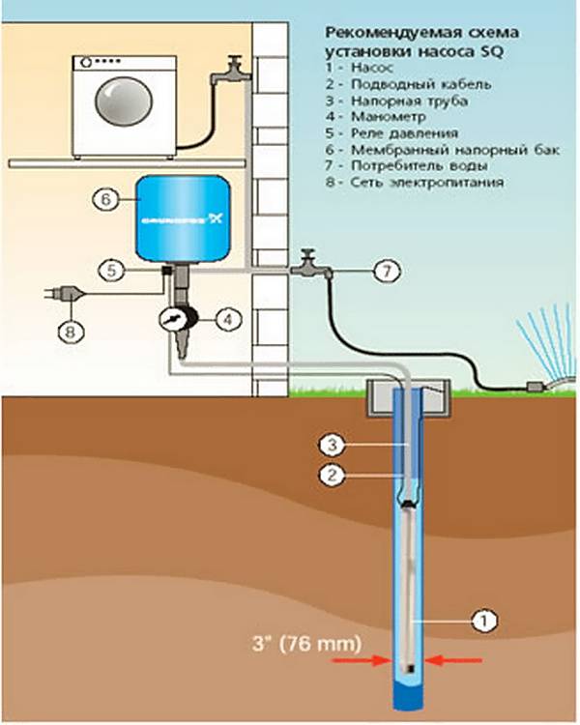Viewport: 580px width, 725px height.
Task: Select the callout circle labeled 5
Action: click(x=114, y=272)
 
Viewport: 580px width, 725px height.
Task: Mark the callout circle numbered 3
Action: click(x=331, y=445)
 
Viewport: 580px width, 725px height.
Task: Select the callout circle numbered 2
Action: click(x=331, y=475)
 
